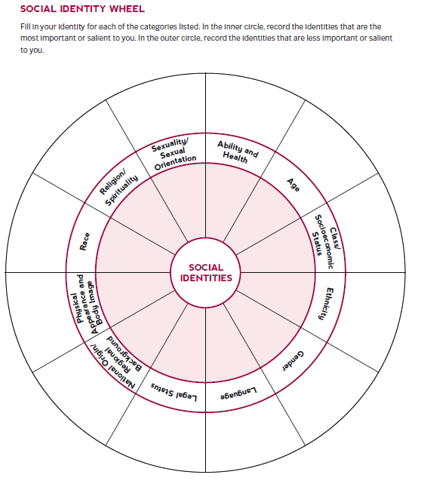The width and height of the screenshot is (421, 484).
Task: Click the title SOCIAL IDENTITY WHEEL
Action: (82, 8)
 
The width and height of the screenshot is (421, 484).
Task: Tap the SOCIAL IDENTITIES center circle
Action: (206, 273)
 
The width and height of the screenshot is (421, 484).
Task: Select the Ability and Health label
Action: (237, 152)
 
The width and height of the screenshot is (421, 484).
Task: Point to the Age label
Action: (293, 185)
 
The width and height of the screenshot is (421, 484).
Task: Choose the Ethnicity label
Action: (330, 304)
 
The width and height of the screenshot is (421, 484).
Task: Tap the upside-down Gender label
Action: (293, 361)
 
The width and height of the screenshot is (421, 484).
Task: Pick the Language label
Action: (238, 393)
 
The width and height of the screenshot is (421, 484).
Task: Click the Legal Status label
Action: (174, 392)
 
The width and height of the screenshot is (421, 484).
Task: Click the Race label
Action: (85, 241)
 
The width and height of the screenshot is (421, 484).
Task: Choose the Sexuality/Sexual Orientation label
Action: (174, 154)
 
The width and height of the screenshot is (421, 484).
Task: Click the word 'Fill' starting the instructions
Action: (26, 27)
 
